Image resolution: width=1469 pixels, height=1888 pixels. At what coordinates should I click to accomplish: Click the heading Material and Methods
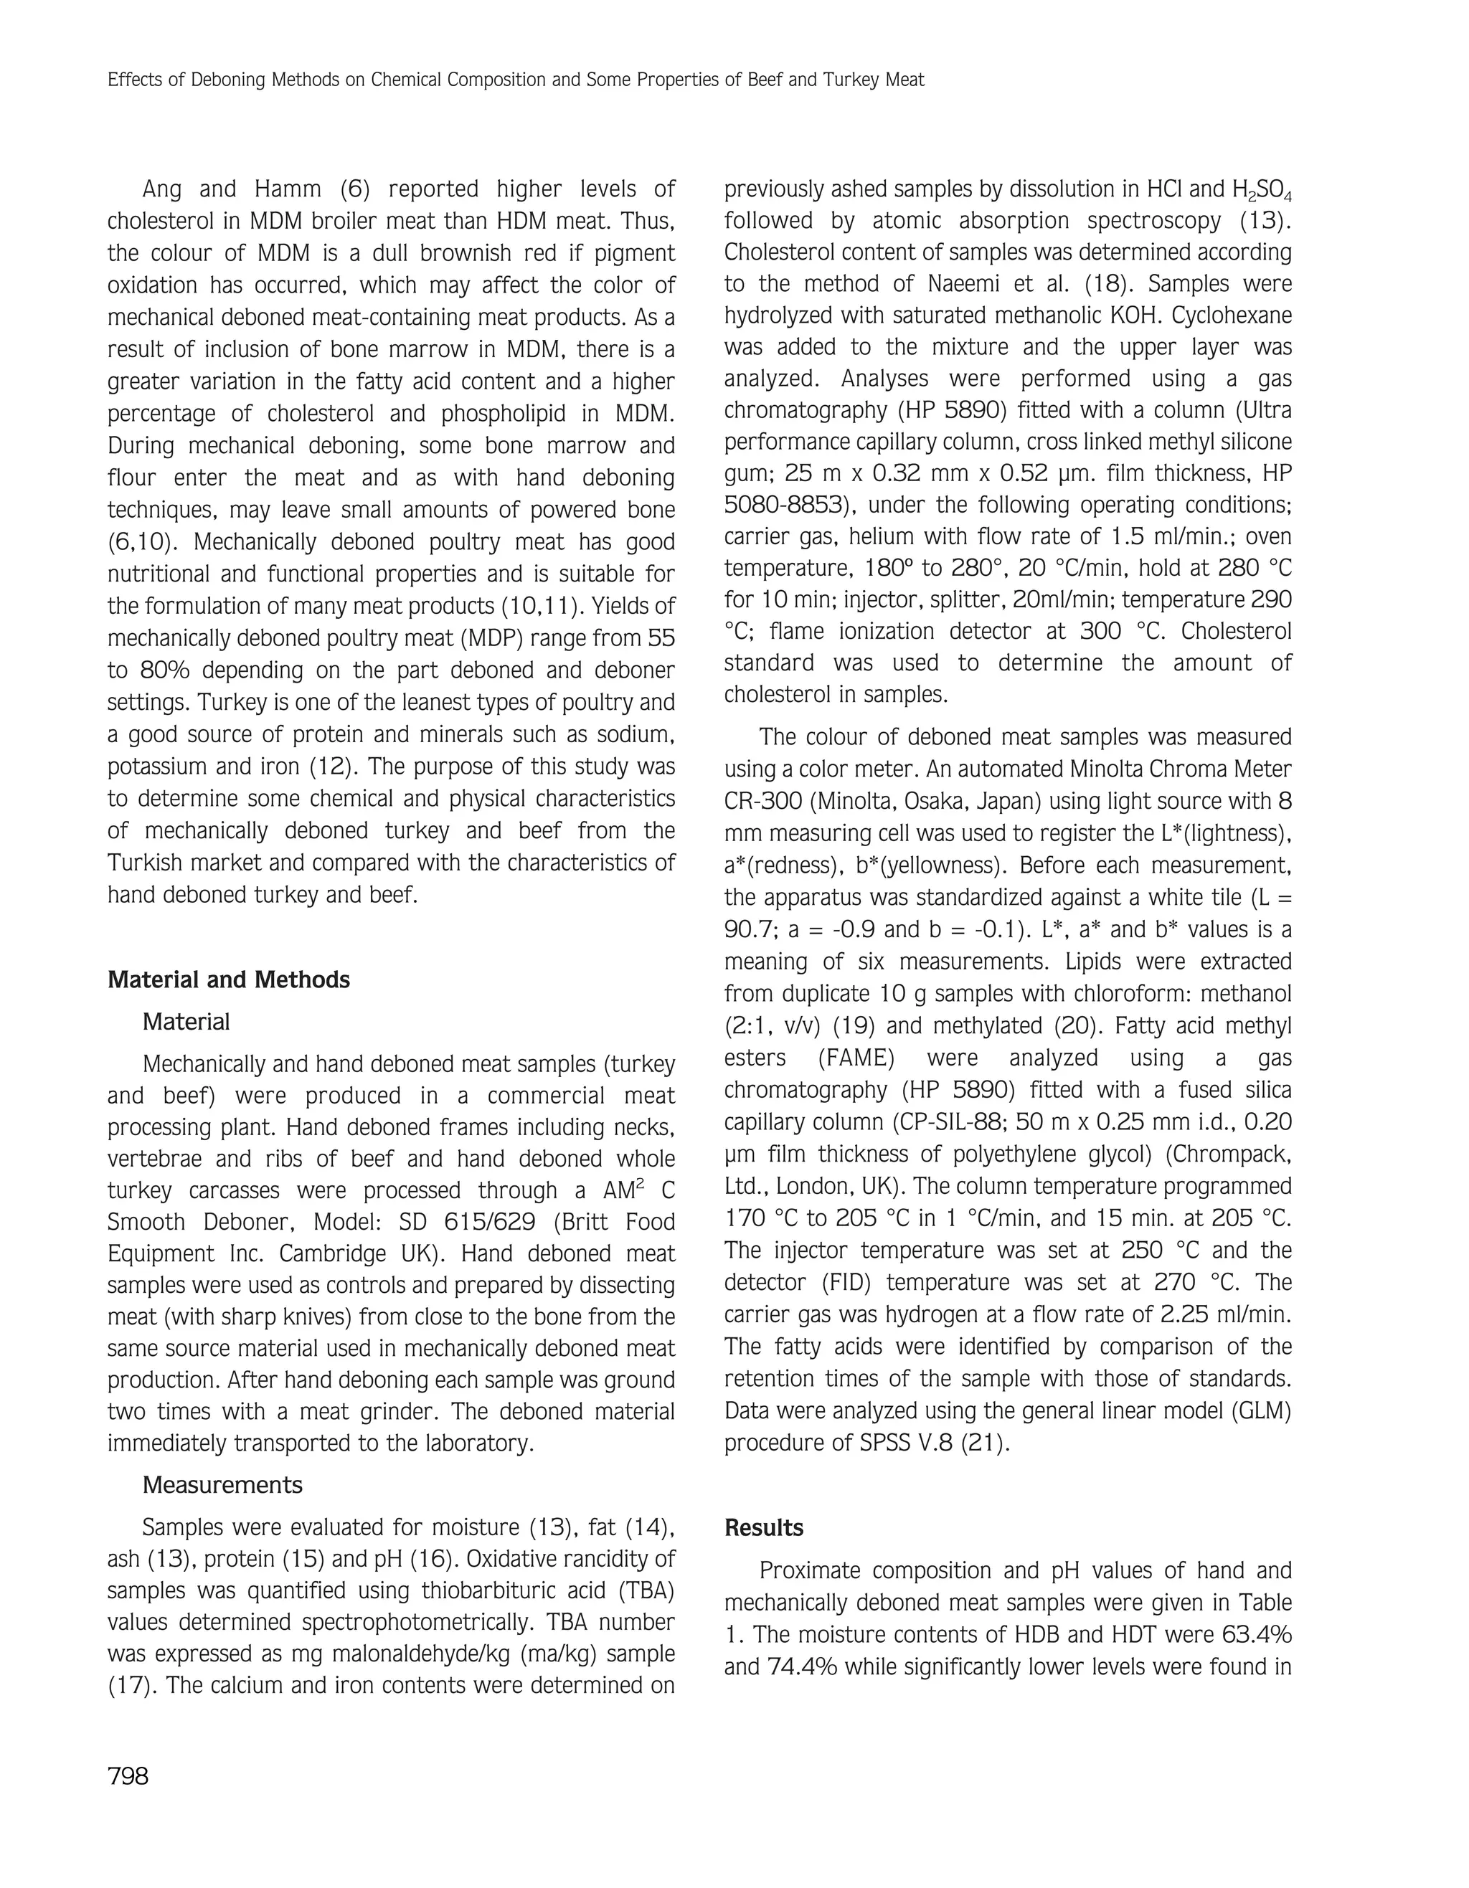click(x=228, y=979)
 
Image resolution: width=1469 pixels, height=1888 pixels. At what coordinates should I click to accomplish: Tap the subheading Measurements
click(x=222, y=1485)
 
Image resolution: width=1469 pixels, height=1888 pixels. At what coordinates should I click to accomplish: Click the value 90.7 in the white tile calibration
click(x=749, y=929)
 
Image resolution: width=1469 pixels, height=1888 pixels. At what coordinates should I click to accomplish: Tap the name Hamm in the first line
click(x=286, y=189)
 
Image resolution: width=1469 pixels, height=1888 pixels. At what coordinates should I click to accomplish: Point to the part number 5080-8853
click(x=783, y=505)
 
